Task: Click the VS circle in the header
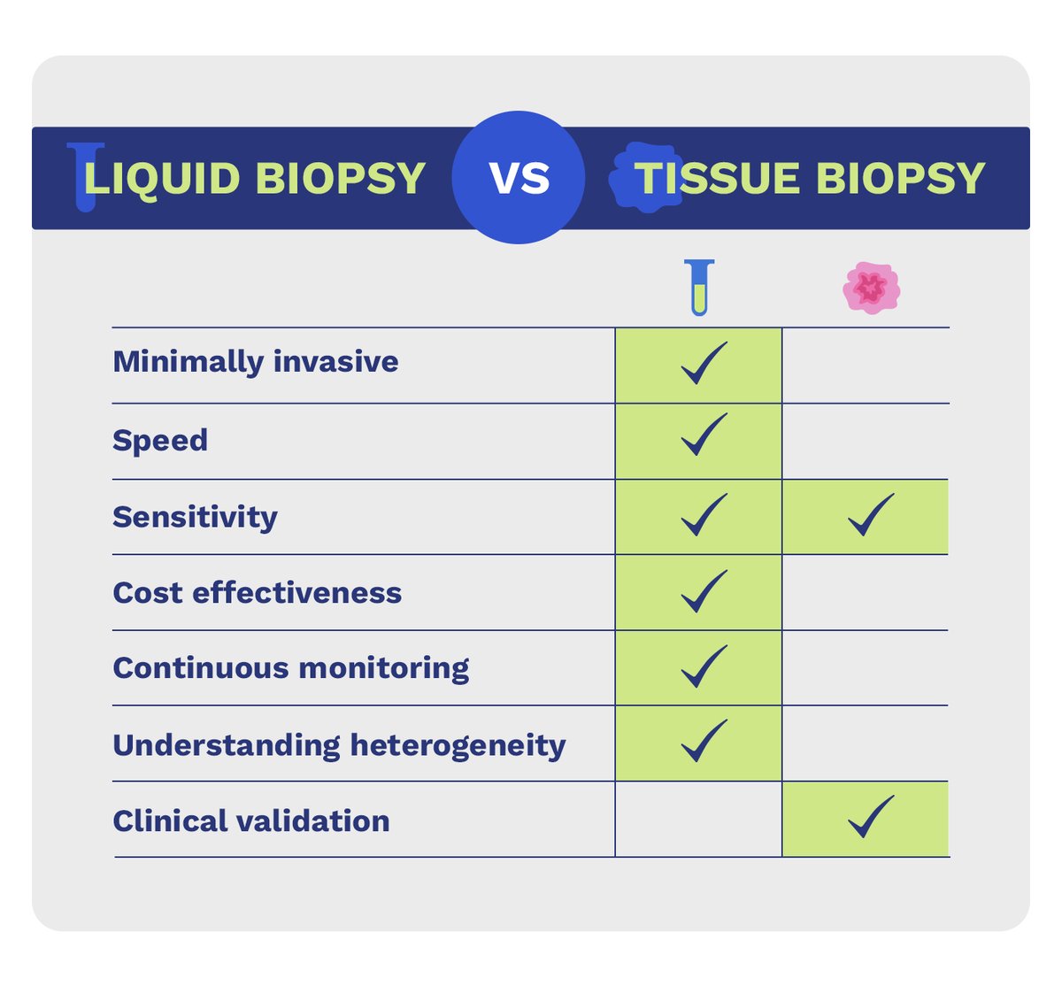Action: tap(519, 177)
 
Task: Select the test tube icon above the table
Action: tap(699, 288)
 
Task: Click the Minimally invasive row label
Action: tap(256, 362)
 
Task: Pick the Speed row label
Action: tap(160, 440)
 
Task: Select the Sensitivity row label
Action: tap(195, 517)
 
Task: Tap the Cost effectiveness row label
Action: tap(257, 592)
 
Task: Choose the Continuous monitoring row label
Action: tap(290, 668)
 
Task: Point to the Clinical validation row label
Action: tap(251, 820)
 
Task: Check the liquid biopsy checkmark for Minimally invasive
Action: tap(704, 363)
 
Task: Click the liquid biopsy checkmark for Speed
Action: tap(704, 435)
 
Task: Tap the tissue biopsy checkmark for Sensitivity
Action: tap(870, 515)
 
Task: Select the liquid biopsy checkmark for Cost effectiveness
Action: tap(704, 591)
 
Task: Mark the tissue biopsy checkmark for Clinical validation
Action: tap(870, 817)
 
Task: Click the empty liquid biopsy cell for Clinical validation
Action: tap(698, 820)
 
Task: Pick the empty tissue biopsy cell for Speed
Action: tap(866, 441)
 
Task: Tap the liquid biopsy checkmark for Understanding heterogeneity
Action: tap(704, 742)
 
